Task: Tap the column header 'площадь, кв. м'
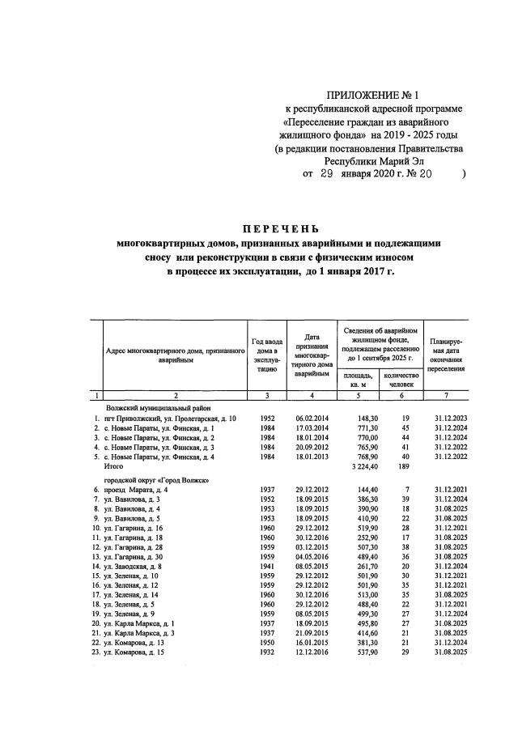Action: coord(358,380)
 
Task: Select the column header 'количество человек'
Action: coord(401,380)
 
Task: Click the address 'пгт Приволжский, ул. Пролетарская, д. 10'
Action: coord(165,419)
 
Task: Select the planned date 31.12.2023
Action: coord(447,419)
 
